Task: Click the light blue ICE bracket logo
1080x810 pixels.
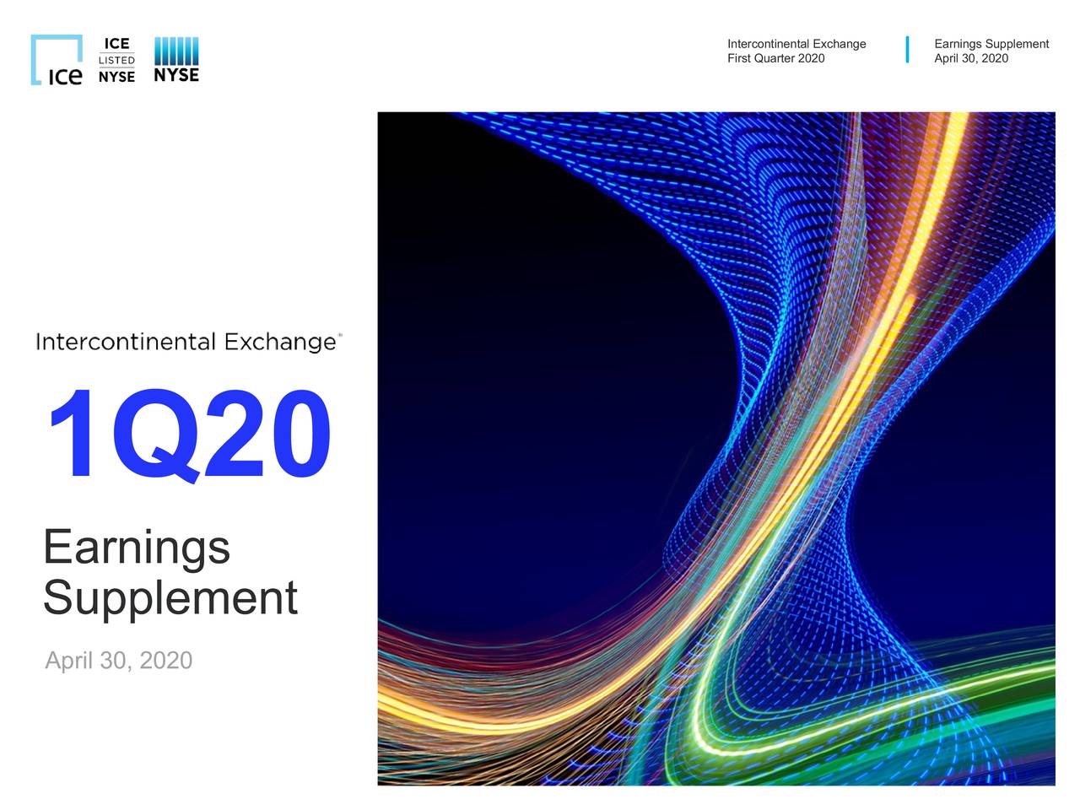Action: point(57,60)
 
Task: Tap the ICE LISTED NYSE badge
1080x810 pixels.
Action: point(116,60)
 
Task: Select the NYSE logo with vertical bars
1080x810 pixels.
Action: point(176,60)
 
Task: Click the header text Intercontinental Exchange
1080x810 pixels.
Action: point(796,44)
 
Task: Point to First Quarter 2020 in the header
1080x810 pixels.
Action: point(775,58)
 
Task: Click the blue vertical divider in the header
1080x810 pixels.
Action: point(907,50)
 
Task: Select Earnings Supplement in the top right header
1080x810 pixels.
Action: point(991,44)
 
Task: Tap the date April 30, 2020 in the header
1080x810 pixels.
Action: point(970,58)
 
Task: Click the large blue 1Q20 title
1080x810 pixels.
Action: point(188,436)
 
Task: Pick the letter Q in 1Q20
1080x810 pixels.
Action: point(154,436)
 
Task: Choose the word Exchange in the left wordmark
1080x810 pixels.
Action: point(279,342)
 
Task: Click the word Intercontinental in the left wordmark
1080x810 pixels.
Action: point(126,342)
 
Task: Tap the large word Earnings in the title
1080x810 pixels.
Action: point(137,548)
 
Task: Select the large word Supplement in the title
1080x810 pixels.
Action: point(170,598)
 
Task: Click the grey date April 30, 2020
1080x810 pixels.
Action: point(118,660)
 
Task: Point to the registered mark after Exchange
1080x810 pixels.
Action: point(340,335)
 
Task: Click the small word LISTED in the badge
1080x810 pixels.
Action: point(116,61)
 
